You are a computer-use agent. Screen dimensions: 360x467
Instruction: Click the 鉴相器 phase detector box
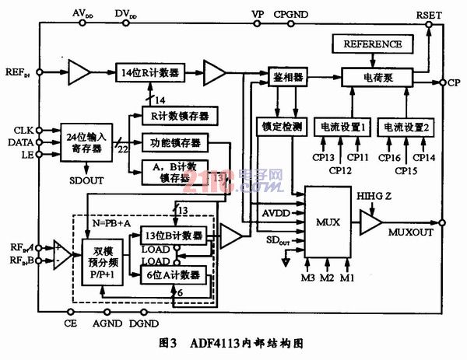tap(287, 79)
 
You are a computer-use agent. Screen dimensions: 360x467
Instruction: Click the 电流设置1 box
tap(341, 126)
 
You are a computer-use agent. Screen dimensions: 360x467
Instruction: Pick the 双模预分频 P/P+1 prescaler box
tap(104, 262)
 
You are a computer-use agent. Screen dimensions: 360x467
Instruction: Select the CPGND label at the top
tap(291, 13)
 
